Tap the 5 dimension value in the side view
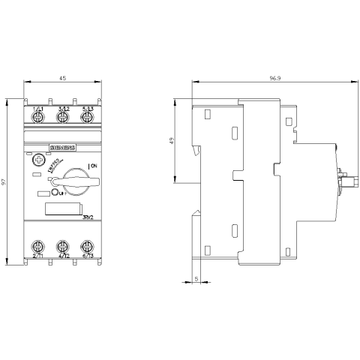(x=196, y=278)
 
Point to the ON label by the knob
(x=94, y=165)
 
